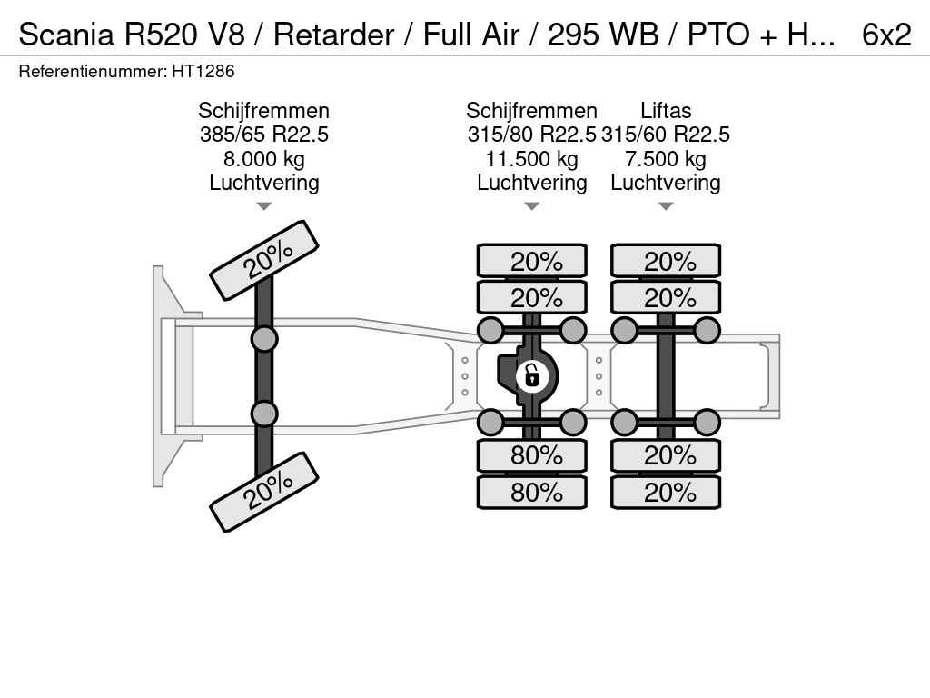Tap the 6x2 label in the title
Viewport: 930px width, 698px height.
click(886, 35)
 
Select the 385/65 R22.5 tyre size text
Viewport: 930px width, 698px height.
click(264, 135)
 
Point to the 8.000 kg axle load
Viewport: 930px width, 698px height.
click(264, 159)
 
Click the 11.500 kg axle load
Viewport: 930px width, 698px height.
click(532, 159)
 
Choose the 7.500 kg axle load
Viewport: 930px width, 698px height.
click(666, 159)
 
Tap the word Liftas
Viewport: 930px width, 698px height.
click(666, 111)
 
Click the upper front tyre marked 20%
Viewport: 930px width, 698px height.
click(264, 260)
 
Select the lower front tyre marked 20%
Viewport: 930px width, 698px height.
click(264, 492)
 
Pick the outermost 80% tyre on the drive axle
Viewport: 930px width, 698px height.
click(532, 492)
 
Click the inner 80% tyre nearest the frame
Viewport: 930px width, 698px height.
click(532, 455)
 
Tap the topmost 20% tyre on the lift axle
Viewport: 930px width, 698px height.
click(666, 262)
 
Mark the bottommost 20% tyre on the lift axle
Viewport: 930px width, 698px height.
click(666, 492)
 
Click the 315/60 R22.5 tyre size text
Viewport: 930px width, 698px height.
click(666, 135)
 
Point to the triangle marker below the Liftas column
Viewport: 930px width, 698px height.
click(666, 206)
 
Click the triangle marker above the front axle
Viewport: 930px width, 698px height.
click(264, 206)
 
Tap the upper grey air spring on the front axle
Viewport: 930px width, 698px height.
click(264, 340)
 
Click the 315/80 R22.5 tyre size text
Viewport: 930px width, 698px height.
click(532, 135)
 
